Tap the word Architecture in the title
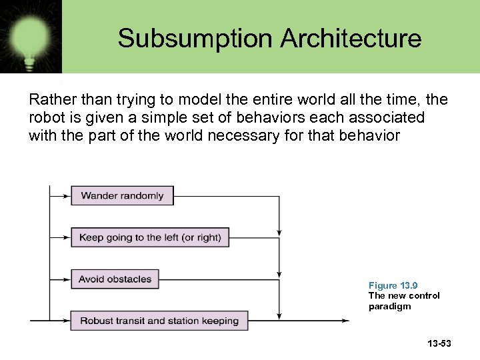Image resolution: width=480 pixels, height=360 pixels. click(351, 38)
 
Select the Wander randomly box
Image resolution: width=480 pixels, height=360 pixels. click(122, 195)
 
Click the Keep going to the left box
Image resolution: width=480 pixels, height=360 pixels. click(150, 237)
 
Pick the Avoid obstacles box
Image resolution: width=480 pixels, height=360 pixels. click(115, 279)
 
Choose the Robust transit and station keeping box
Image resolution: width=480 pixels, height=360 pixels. click(159, 321)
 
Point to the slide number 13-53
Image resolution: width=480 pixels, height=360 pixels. click(439, 343)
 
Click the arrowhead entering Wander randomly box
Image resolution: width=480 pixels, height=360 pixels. click(67, 196)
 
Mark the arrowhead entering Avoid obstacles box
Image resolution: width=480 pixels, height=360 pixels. click(67, 279)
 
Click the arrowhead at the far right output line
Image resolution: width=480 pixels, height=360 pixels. click(345, 321)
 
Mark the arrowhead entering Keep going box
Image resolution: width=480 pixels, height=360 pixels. click(67, 237)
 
